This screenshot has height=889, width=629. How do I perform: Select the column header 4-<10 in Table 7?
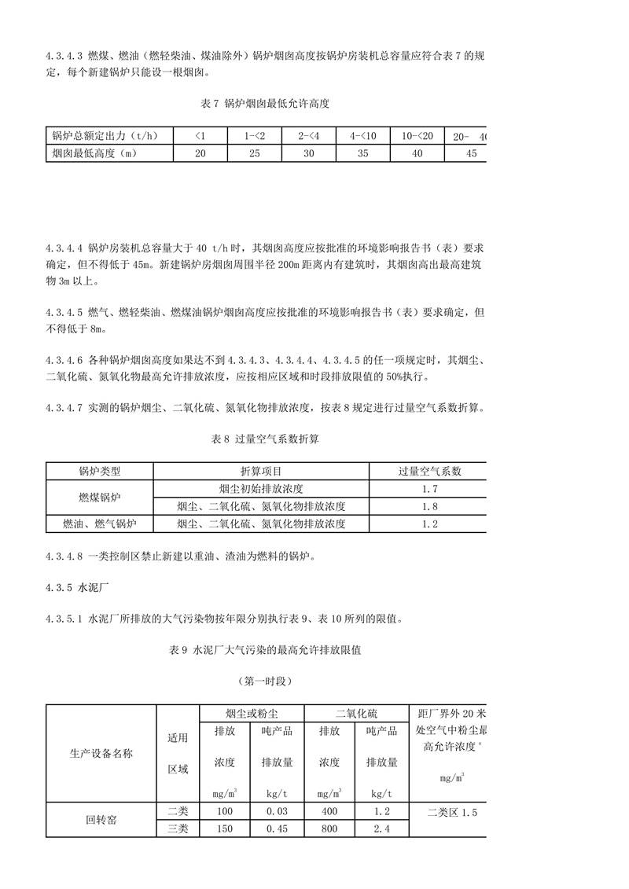[363, 136]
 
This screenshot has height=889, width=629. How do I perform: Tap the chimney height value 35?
[363, 153]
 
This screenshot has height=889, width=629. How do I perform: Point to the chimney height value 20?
[200, 153]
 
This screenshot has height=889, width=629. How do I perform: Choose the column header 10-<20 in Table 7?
[417, 136]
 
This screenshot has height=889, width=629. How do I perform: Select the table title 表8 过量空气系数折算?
[265, 439]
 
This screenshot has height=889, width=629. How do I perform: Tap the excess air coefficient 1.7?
[429, 489]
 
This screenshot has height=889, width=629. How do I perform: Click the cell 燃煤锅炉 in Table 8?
[99, 498]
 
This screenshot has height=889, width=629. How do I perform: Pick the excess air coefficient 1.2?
[429, 523]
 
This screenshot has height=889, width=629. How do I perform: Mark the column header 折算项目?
[261, 472]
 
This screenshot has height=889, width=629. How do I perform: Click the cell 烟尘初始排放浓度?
[261, 489]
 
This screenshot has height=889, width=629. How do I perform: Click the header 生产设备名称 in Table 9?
[101, 753]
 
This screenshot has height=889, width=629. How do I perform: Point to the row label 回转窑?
[101, 819]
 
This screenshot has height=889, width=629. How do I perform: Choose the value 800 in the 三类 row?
[329, 828]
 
